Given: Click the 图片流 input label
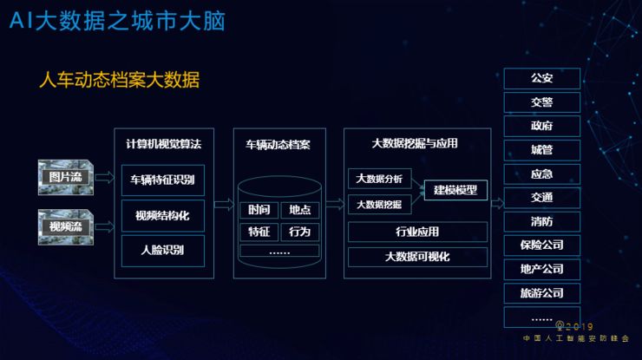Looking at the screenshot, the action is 63,178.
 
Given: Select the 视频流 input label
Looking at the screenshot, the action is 63,227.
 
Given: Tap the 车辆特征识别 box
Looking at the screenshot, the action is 163,180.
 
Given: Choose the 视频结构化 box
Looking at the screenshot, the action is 163,215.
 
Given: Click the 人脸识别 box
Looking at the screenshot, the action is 163,251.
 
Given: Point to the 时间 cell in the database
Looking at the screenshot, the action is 259,210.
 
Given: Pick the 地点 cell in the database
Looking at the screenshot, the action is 300,210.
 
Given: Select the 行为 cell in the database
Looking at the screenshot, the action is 300,232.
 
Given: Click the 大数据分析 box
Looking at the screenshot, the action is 380,180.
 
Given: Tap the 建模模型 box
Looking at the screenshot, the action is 455,189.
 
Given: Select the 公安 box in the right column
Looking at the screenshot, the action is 542,79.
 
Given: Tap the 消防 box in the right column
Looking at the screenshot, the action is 542,221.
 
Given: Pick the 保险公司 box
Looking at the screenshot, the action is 542,245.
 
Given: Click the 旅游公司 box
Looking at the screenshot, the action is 542,293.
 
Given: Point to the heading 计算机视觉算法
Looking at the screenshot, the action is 163,144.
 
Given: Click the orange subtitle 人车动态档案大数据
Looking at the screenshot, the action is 120,82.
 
